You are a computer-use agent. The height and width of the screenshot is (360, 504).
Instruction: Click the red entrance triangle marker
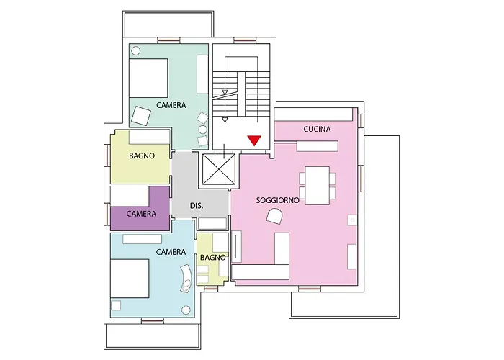pyautogui.click(x=254, y=140)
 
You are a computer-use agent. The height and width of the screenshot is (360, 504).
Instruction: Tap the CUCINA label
pyautogui.click(x=317, y=129)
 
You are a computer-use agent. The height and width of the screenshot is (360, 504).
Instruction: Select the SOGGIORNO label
pyautogui.click(x=277, y=201)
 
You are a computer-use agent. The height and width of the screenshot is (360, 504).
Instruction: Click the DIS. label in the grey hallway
pyautogui.click(x=197, y=206)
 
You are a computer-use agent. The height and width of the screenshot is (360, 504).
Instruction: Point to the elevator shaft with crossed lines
pyautogui.click(x=219, y=169)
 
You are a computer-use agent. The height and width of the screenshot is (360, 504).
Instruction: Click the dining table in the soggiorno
pyautogui.click(x=318, y=186)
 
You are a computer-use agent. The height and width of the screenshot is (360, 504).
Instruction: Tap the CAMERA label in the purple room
pyautogui.click(x=141, y=214)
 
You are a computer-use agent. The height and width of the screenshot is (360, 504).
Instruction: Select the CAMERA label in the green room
pyautogui.click(x=171, y=105)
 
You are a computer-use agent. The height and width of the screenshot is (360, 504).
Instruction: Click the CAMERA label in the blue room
pyautogui.click(x=171, y=252)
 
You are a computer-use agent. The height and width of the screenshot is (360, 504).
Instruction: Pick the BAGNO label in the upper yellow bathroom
pyautogui.click(x=142, y=156)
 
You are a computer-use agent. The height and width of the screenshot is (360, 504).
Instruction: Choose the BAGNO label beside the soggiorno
pyautogui.click(x=213, y=258)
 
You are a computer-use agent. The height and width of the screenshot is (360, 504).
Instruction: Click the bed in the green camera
pyautogui.click(x=148, y=78)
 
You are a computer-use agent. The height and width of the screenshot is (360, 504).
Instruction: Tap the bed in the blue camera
pyautogui.click(x=130, y=279)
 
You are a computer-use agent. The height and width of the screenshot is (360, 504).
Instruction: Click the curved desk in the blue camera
pyautogui.click(x=186, y=279)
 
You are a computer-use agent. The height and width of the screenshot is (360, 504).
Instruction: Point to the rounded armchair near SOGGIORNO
pyautogui.click(x=274, y=216)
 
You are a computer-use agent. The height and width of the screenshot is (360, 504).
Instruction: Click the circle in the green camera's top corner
pyautogui.click(x=136, y=51)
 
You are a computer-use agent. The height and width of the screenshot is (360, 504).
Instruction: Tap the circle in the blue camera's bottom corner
pyautogui.click(x=186, y=310)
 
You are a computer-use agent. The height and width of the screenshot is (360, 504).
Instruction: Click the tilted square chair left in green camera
pyautogui.click(x=141, y=116)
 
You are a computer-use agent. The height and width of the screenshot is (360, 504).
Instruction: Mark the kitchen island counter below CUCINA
pyautogui.click(x=318, y=146)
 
